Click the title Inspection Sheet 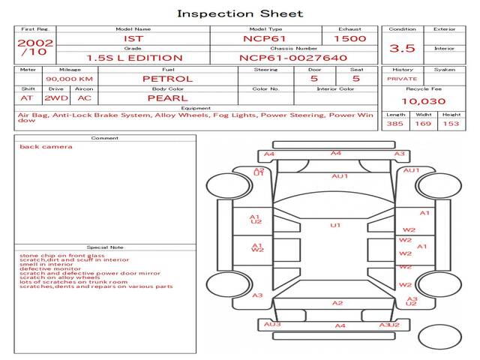click(x=240, y=13)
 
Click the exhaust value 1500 click(x=349, y=38)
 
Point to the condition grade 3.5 click(x=402, y=48)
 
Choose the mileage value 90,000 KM click(x=68, y=79)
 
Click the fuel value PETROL click(x=167, y=79)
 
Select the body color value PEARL click(x=167, y=98)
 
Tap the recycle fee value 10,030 click(x=423, y=101)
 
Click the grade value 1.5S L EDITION click(x=133, y=57)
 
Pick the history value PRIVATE click(x=402, y=79)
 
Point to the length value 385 click(x=395, y=124)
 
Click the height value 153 click(x=450, y=124)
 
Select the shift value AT click(x=27, y=98)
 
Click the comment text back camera click(x=46, y=147)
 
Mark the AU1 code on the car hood click(x=340, y=176)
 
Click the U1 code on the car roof click(x=335, y=225)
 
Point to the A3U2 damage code click(x=389, y=325)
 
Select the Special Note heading click(x=105, y=247)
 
